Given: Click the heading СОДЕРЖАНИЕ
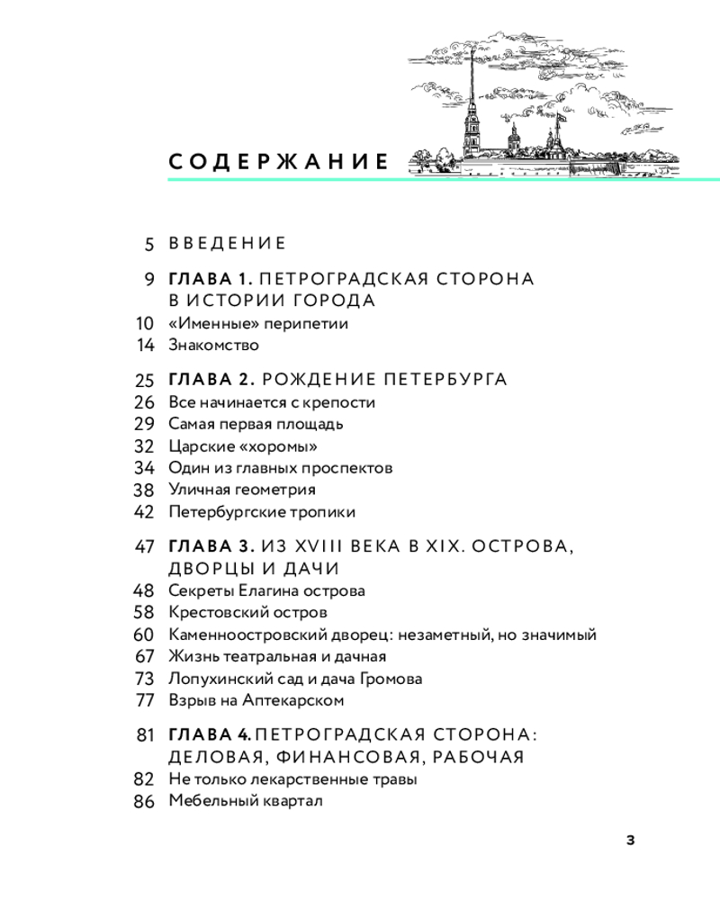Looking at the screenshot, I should [x=278, y=163].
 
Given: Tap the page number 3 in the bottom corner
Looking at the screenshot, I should [x=630, y=840].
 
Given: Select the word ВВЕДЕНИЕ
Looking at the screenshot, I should [x=227, y=243].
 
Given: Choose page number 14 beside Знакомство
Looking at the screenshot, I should [x=146, y=345].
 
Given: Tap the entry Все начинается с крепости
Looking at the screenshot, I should [x=271, y=402].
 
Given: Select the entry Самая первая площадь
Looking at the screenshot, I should [x=256, y=424].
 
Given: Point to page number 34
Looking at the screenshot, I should [x=145, y=468].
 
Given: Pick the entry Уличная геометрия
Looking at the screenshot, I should [x=241, y=490].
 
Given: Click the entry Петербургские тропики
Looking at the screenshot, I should [x=261, y=512].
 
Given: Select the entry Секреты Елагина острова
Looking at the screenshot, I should [x=266, y=591].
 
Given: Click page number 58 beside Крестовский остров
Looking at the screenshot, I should [x=145, y=613].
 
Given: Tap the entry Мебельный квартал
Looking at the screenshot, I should [x=245, y=801].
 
